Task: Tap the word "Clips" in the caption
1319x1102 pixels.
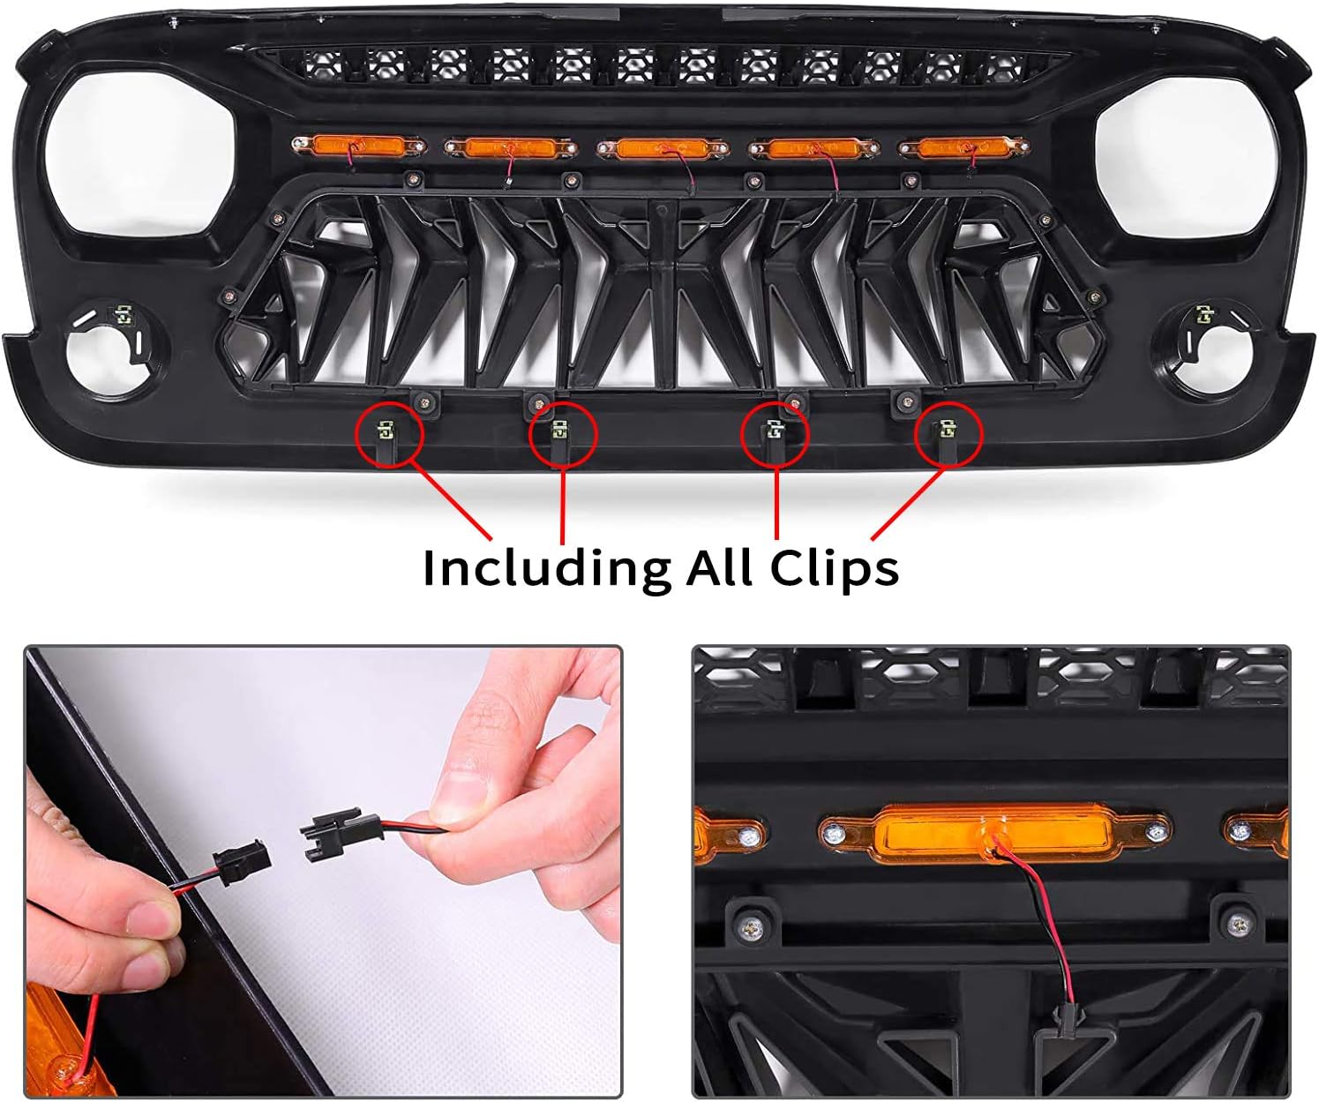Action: pyautogui.click(x=835, y=566)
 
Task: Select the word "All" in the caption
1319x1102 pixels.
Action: pyautogui.click(x=720, y=566)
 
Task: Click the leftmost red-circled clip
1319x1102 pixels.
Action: pyautogui.click(x=385, y=432)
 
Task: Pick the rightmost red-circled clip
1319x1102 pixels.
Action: pyautogui.click(x=945, y=431)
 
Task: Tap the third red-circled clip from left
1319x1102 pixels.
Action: pyautogui.click(x=775, y=431)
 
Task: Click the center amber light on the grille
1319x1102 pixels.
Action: pyautogui.click(x=663, y=149)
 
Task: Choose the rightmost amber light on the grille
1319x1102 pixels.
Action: pyautogui.click(x=964, y=148)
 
